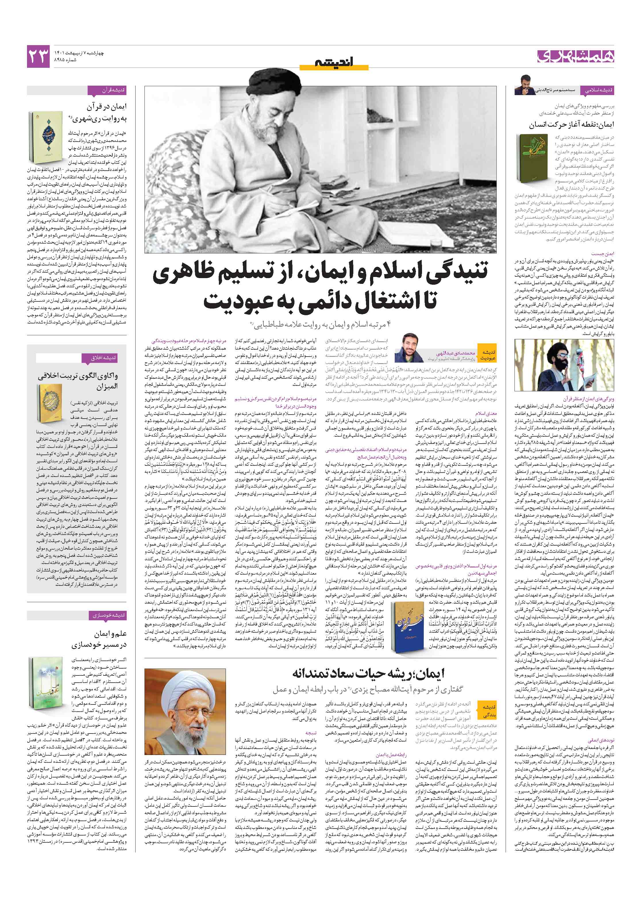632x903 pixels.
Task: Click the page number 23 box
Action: pos(38,57)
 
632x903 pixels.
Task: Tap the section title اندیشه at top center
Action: pos(334,62)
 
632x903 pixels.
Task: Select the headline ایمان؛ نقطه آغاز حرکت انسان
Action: pos(571,125)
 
